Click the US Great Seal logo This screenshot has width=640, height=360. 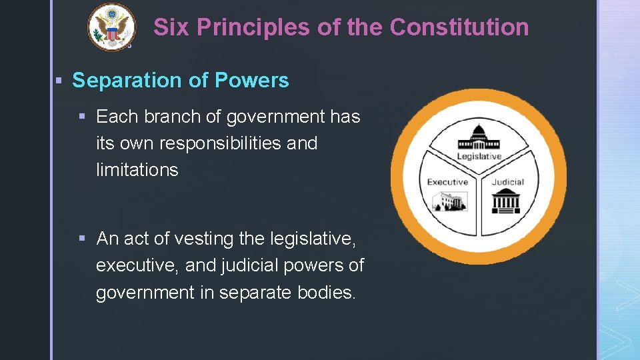pos(111,27)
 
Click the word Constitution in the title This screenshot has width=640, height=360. pos(459,27)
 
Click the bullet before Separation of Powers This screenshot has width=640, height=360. pos(59,81)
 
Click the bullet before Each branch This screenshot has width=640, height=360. pos(83,117)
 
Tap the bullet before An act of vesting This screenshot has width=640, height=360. pos(83,239)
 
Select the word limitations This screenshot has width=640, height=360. pos(137,170)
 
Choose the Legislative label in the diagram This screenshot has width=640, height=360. pos(479,157)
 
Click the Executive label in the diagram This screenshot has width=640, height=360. pos(447,182)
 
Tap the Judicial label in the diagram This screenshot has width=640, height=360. pos(508,182)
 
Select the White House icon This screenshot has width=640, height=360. pos(450,200)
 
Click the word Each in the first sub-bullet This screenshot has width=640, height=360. pos(117,117)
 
